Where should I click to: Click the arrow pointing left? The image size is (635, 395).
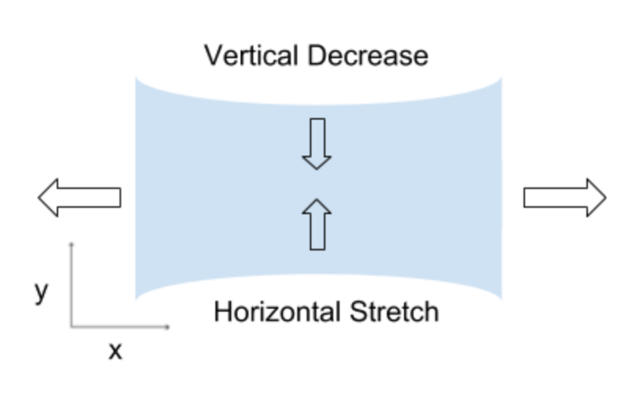click(79, 197)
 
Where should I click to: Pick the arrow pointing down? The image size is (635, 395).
click(316, 144)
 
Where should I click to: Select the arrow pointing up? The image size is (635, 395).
click(316, 224)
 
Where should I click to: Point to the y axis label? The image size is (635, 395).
click(42, 292)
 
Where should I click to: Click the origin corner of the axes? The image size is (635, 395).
click(72, 326)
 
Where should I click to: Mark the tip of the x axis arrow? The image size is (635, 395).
click(169, 326)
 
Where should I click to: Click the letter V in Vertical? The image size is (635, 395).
click(212, 56)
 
